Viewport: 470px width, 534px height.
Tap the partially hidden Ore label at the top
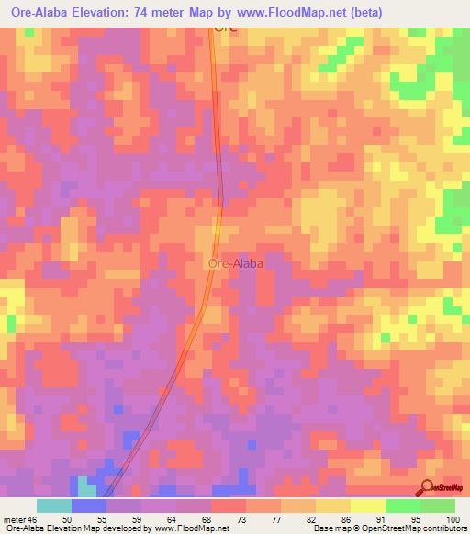tap(226, 28)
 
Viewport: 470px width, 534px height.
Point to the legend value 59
tap(137, 519)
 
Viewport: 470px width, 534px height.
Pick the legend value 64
tap(173, 519)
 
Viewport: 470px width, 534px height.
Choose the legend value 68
tap(208, 519)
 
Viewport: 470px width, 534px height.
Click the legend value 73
tap(243, 519)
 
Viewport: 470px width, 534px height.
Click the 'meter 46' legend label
tap(20, 519)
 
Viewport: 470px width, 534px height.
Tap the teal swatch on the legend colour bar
tap(53, 506)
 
